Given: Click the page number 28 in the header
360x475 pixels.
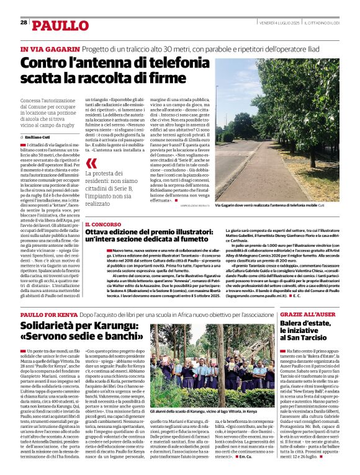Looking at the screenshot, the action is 24,22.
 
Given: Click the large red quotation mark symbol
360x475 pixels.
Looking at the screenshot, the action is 92,164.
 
